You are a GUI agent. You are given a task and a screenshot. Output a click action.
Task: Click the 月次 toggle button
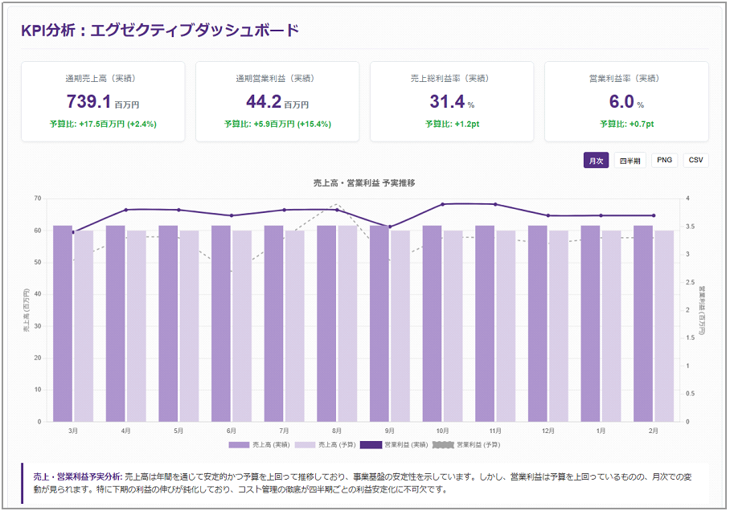pyautogui.click(x=596, y=160)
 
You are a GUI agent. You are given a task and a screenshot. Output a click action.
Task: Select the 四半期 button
pyautogui.click(x=630, y=160)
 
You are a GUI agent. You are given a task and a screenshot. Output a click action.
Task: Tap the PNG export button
pyautogui.click(x=664, y=160)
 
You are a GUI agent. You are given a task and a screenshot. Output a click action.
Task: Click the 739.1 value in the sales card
pyautogui.click(x=88, y=102)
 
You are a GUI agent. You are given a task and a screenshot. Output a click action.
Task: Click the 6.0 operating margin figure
pyautogui.click(x=621, y=102)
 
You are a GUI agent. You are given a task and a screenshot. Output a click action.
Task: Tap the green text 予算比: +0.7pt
pyautogui.click(x=626, y=124)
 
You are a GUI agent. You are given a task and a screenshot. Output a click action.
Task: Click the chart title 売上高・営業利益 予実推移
pyautogui.click(x=364, y=183)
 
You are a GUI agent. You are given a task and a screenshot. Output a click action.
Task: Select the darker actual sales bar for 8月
pyautogui.click(x=326, y=323)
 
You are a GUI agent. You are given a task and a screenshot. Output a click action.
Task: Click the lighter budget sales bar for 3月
pyautogui.click(x=84, y=325)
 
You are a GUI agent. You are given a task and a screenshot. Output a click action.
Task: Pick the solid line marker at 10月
pyautogui.click(x=442, y=204)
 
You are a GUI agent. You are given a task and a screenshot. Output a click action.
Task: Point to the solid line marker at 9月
pyautogui.click(x=390, y=227)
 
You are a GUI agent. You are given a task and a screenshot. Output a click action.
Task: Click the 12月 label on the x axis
pyautogui.click(x=547, y=431)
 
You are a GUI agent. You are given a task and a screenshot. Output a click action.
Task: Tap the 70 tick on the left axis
pyautogui.click(x=37, y=198)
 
